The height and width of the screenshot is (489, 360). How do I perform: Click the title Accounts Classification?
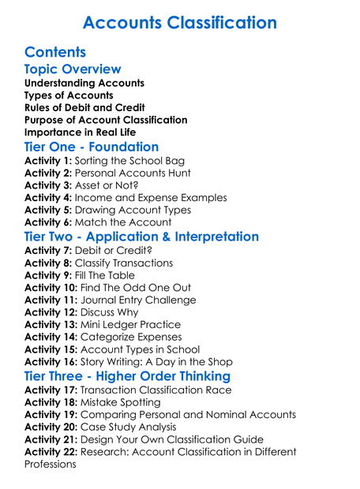[x=180, y=22]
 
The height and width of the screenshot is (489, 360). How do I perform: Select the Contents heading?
[x=55, y=53]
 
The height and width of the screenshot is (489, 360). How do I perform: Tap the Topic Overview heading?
[x=73, y=70]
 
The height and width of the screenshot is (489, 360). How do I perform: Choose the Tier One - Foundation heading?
[x=92, y=147]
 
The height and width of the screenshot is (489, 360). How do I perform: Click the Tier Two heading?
[x=141, y=237]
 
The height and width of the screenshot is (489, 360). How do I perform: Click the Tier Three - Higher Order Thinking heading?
[x=127, y=376]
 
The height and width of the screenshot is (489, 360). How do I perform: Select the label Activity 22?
[x=51, y=452]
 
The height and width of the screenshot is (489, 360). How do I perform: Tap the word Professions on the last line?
[x=51, y=465]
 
